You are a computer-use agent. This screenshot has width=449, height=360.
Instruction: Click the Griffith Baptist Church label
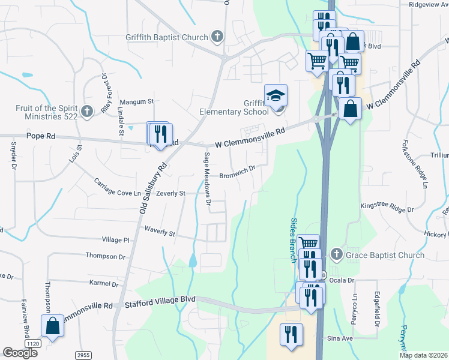tap(166, 37)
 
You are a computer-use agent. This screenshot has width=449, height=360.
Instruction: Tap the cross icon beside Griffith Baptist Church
tap(217, 37)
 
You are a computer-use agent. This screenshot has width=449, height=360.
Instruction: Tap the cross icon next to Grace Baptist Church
tap(336, 255)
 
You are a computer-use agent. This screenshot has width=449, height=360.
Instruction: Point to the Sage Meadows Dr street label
tap(208, 178)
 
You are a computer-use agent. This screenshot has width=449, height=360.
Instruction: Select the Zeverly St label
tap(170, 193)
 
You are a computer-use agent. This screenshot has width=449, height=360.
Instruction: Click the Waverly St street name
tap(159, 229)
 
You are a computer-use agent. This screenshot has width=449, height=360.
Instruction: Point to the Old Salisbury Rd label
tap(152, 190)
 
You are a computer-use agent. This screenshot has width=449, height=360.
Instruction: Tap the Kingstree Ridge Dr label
tap(387, 207)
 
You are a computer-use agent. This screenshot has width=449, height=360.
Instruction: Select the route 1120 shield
tap(33, 343)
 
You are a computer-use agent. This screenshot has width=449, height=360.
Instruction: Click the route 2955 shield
tap(83, 355)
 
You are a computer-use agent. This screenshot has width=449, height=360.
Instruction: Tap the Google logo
tap(20, 353)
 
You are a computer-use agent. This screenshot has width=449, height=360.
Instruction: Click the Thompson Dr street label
tap(105, 256)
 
